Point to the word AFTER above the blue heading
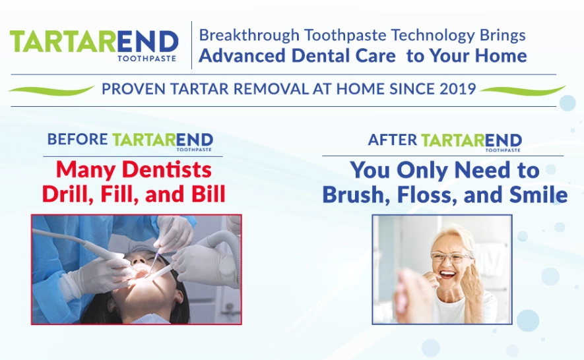click(393, 140)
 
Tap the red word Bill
click(205, 194)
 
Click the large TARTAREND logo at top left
click(94, 42)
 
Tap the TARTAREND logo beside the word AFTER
click(471, 140)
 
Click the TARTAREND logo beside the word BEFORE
click(162, 140)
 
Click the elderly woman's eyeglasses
click(451, 257)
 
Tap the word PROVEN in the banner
click(131, 89)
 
